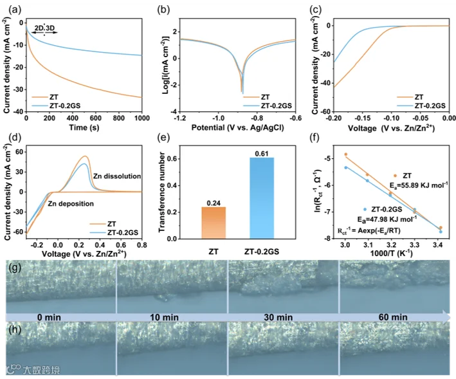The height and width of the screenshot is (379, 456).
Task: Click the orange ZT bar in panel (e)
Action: tap(214, 223)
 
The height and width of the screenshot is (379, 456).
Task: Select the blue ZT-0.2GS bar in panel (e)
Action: tap(262, 198)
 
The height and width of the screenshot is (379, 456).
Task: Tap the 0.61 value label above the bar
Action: tap(262, 154)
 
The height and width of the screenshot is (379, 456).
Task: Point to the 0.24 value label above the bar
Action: tap(214, 203)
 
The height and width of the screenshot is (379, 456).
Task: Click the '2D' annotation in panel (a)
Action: tap(39, 28)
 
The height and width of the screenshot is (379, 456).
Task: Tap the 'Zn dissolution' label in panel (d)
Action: tap(117, 176)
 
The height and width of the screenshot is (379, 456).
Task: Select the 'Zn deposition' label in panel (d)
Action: tap(71, 203)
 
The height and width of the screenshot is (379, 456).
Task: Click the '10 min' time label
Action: tap(164, 317)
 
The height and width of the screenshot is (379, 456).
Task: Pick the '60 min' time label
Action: tap(393, 317)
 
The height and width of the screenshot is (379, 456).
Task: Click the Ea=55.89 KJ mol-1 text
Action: tap(419, 185)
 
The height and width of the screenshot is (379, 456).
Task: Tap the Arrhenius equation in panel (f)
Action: tap(369, 230)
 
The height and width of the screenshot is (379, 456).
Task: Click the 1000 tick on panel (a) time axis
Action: tap(142, 118)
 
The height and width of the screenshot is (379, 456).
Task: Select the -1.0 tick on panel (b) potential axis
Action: tap(218, 118)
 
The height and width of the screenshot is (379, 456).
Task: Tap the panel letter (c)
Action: tap(316, 10)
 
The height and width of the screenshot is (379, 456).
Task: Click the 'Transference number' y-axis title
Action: tap(162, 192)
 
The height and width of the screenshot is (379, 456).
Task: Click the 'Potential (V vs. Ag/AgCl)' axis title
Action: tap(237, 127)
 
